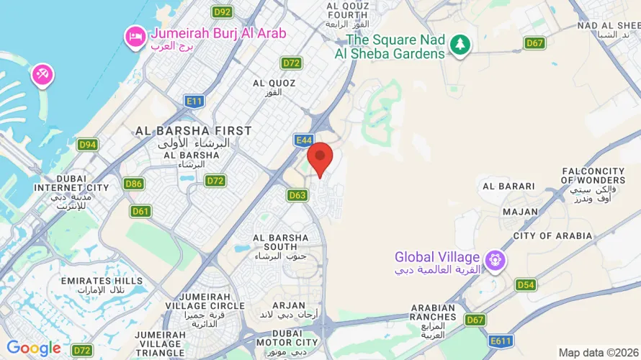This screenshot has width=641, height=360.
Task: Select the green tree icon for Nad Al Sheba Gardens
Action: point(460,45)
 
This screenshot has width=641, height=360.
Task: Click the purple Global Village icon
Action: point(494,260)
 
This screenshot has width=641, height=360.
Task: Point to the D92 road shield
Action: point(223,12)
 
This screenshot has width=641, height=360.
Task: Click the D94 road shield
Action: point(88,145)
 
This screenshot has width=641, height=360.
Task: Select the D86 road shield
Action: point(133,184)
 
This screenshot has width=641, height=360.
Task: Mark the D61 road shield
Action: point(140,211)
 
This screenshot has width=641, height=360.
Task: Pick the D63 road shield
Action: point(297,195)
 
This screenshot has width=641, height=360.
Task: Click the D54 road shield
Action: point(526,284)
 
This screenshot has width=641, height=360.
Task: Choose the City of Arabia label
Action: point(552,235)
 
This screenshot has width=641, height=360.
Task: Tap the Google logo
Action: point(34,348)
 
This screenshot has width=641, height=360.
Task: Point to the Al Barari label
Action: point(509,186)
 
